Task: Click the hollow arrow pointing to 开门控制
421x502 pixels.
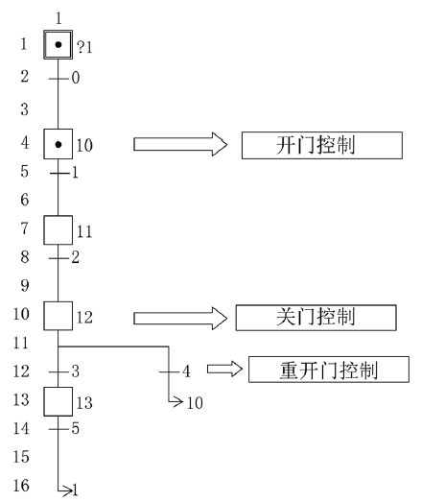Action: pyautogui.click(x=180, y=144)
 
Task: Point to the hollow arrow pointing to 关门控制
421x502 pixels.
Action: pyautogui.click(x=180, y=319)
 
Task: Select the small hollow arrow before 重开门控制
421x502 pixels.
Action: pyautogui.click(x=225, y=369)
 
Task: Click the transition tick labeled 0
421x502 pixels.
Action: pyautogui.click(x=58, y=79)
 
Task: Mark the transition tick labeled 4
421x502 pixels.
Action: pyautogui.click(x=169, y=371)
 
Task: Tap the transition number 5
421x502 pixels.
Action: pyautogui.click(x=75, y=428)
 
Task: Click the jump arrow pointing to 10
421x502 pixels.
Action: pyautogui.click(x=176, y=401)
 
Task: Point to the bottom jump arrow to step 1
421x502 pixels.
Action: pyautogui.click(x=65, y=490)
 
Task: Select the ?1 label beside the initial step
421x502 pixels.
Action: pyautogui.click(x=84, y=47)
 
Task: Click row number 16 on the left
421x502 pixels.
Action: pyautogui.click(x=21, y=485)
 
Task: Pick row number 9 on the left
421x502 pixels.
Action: pyautogui.click(x=25, y=285)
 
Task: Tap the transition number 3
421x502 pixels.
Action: pyautogui.click(x=75, y=371)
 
